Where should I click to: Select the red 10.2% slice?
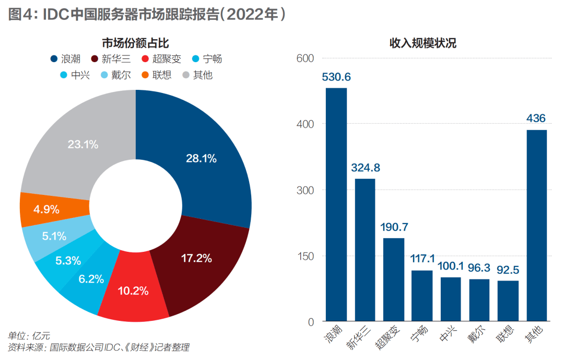[134, 288]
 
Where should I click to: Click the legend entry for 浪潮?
[65, 59]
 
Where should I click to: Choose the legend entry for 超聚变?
[161, 59]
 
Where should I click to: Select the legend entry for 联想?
[157, 75]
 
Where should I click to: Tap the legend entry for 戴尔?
[115, 75]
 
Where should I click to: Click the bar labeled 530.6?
[336, 204]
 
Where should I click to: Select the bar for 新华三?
[365, 250]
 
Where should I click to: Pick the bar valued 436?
[537, 225]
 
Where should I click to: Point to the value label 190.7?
[394, 227]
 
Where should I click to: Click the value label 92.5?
[508, 270]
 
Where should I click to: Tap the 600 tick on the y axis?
[305, 59]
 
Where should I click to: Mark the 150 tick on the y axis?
[305, 257]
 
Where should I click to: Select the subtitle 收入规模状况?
[423, 43]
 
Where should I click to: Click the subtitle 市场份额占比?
[136, 43]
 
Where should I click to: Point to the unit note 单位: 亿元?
[29, 336]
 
